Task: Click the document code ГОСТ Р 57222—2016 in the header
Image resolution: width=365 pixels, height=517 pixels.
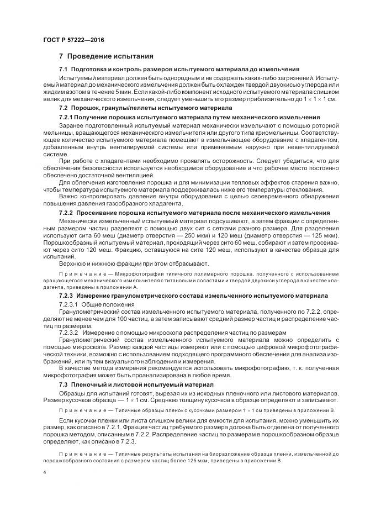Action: click(73, 41)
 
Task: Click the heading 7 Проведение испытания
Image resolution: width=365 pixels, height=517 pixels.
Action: click(107, 56)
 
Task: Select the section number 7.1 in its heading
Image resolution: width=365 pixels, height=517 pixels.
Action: click(63, 70)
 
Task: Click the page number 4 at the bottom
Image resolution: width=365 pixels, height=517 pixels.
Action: click(44, 474)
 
